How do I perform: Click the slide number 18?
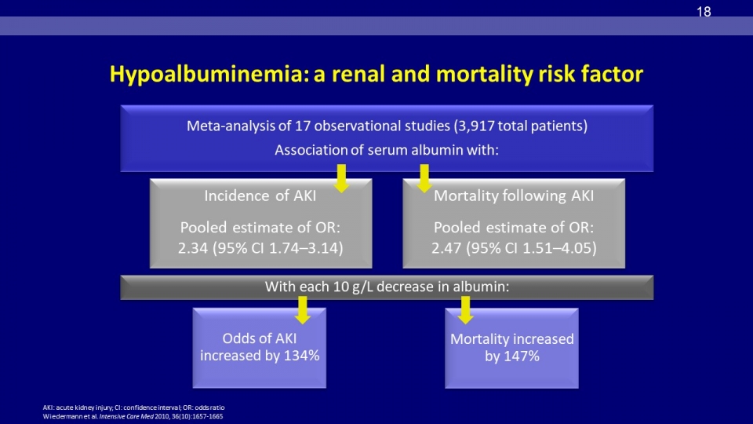tap(704, 12)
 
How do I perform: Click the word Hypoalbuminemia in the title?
tap(209, 75)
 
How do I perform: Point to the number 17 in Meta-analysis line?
tap(303, 126)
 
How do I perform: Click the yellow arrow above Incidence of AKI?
tap(341, 178)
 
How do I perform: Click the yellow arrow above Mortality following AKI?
tap(424, 178)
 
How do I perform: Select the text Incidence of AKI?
tap(260, 196)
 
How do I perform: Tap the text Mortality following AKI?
tap(514, 196)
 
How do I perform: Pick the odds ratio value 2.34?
tap(193, 248)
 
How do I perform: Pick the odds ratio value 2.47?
tap(446, 248)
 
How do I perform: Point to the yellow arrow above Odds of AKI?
tap(302, 309)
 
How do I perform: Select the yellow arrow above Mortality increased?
tap(465, 309)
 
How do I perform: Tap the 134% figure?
tap(301, 356)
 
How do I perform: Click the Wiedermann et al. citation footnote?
tap(133, 416)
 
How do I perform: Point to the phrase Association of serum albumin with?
tap(387, 150)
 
